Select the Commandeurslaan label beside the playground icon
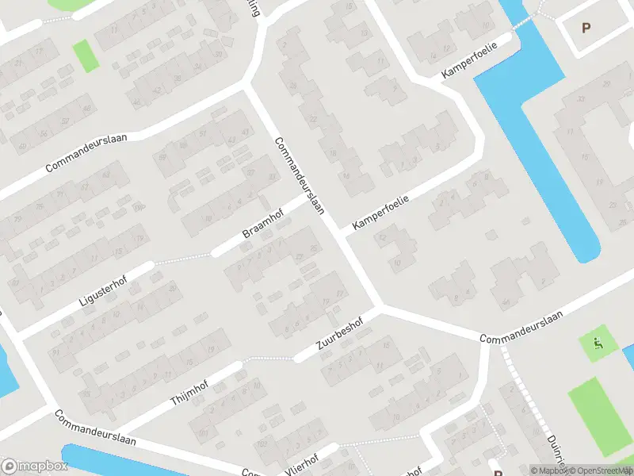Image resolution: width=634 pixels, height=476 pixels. coord(521,326)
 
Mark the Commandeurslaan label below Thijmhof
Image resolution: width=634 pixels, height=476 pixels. coord(95,429)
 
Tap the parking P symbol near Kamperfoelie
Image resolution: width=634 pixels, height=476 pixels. coord(586,28)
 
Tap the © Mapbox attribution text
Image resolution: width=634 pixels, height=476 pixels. coord(548,470)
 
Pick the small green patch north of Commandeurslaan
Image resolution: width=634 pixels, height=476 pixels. coord(82,55)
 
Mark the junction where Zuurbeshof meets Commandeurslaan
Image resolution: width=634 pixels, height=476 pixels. coord(380,307)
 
